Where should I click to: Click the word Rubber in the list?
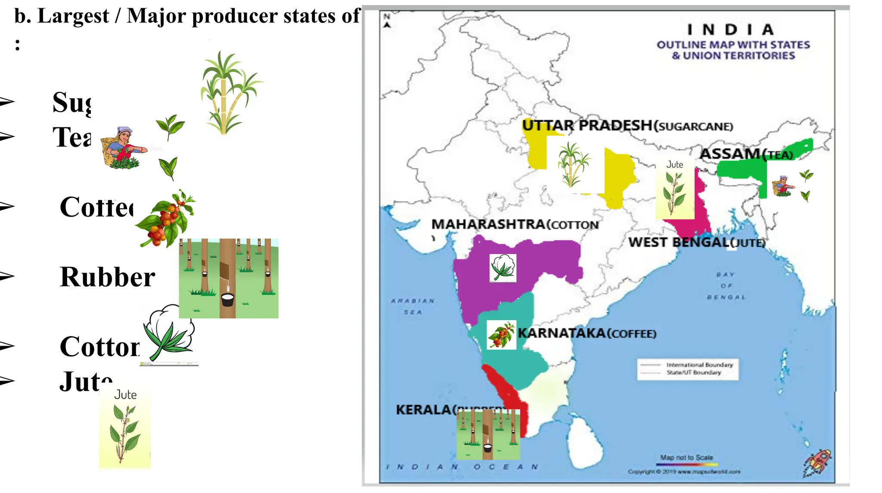107,277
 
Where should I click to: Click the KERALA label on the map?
424,409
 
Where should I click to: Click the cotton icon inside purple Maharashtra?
503,268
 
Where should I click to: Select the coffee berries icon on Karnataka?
501,335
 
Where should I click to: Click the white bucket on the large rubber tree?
227,299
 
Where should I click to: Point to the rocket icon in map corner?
817,462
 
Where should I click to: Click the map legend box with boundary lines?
688,369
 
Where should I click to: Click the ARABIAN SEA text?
413,306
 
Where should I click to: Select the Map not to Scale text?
686,457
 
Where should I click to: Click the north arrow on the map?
387,21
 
